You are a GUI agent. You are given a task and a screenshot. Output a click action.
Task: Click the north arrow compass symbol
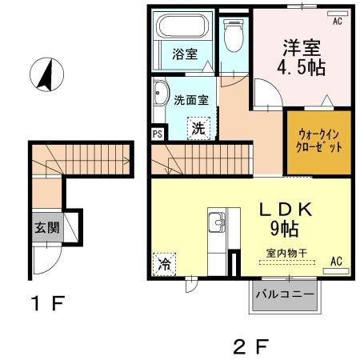click(46, 74)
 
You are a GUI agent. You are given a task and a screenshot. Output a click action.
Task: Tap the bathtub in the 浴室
click(182, 26)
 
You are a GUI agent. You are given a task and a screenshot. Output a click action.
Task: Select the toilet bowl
click(234, 35)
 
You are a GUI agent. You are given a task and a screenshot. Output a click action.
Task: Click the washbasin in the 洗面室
click(161, 93)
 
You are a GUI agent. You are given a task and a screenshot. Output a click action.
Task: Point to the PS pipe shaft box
click(158, 134)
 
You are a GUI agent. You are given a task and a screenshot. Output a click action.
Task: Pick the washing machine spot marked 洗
click(198, 128)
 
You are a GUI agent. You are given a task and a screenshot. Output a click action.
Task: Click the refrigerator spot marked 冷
click(164, 264)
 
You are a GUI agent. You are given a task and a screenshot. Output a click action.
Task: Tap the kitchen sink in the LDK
click(217, 222)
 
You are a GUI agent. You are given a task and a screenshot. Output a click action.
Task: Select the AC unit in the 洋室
click(338, 14)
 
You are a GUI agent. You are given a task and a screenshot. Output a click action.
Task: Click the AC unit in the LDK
click(336, 271)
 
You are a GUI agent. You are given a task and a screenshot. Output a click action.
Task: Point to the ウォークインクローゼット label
click(319, 140)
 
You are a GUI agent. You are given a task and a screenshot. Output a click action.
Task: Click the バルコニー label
click(285, 294)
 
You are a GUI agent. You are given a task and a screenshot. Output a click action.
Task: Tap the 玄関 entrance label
click(47, 227)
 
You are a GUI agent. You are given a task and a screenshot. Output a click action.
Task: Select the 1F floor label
click(48, 303)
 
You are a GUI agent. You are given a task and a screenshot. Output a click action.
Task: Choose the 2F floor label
click(250, 346)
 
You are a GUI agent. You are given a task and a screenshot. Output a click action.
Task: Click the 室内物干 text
click(287, 253)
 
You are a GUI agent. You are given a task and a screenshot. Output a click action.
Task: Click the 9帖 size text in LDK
click(284, 229)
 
